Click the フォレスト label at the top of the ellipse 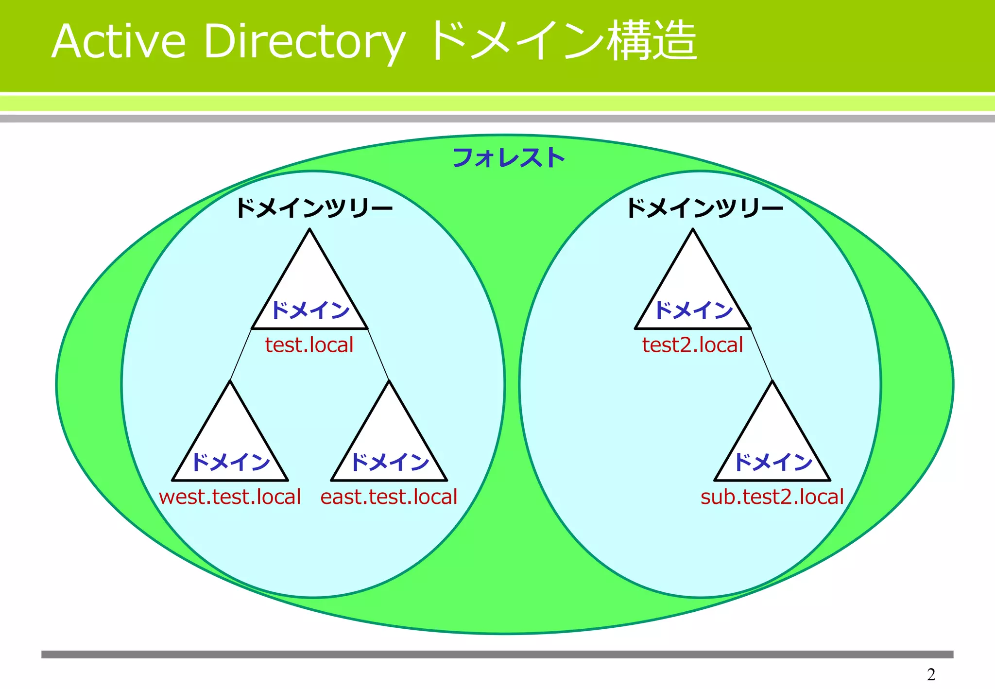(x=508, y=158)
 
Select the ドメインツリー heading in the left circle (x=314, y=208)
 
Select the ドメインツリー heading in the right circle (x=704, y=208)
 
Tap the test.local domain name (x=309, y=345)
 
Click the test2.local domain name (x=692, y=345)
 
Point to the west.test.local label (x=230, y=497)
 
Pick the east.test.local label (x=389, y=497)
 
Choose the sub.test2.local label (x=772, y=497)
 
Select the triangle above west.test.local (x=230, y=437)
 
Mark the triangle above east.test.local (x=389, y=437)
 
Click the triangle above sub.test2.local (x=772, y=437)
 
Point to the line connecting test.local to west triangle (x=240, y=355)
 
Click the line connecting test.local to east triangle (x=378, y=355)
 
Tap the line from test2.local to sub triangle (x=762, y=355)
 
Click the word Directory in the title (x=304, y=42)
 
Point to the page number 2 (x=931, y=674)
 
